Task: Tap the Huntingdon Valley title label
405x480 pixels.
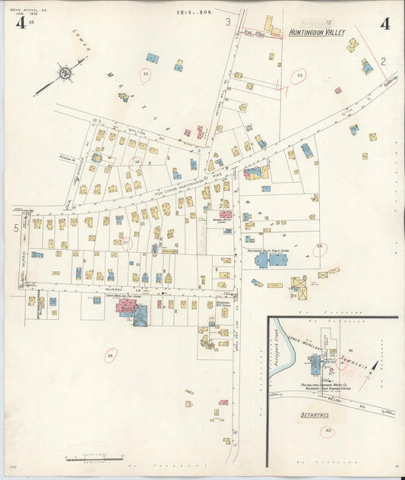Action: point(317,33)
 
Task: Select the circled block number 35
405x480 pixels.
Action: point(145,74)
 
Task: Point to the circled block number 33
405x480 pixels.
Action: point(299,76)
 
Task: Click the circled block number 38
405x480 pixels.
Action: point(111,355)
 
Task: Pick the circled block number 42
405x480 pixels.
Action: point(328,431)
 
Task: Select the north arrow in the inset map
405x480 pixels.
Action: point(373,370)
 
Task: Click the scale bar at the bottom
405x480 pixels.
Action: point(95,458)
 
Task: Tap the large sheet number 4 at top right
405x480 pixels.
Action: point(385,24)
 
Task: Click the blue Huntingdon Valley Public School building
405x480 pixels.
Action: point(272,260)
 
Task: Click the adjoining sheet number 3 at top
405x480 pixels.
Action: point(228,22)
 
